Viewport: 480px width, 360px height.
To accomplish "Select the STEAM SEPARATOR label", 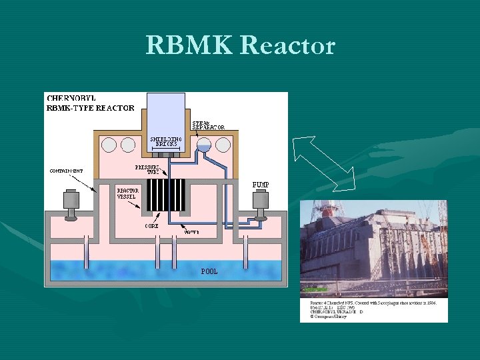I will point(209,125).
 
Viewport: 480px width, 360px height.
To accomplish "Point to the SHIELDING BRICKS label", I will point(166,141).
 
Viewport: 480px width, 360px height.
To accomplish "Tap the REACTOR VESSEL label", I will point(127,193).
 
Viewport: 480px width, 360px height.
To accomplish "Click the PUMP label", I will point(261,183).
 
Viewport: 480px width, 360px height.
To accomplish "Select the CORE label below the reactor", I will point(151,226).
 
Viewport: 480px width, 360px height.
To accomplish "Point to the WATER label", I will point(191,233).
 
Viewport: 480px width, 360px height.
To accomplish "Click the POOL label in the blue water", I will point(209,271).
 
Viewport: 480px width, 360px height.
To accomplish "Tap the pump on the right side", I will point(259,204).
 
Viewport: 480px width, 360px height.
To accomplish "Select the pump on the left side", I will point(70,204).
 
